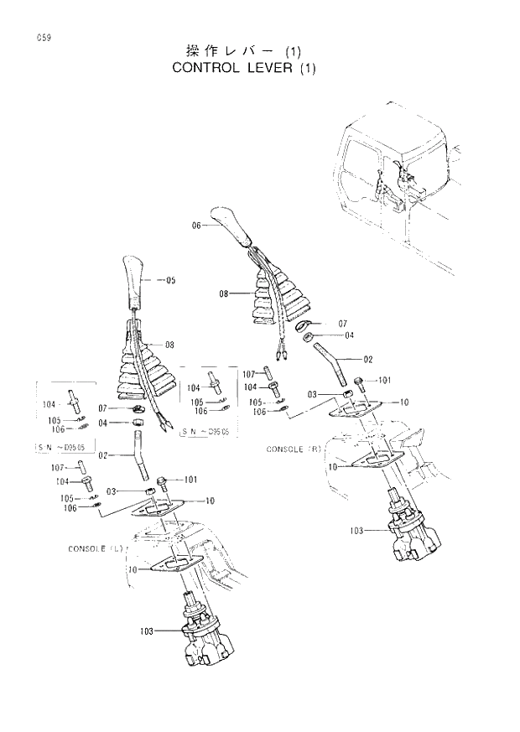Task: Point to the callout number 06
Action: pyautogui.click(x=197, y=225)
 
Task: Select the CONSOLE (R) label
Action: pyautogui.click(x=294, y=449)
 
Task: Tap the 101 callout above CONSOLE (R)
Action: pyautogui.click(x=384, y=380)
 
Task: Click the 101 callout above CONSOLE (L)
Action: pyautogui.click(x=190, y=479)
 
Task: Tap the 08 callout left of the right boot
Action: pyautogui.click(x=224, y=293)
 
